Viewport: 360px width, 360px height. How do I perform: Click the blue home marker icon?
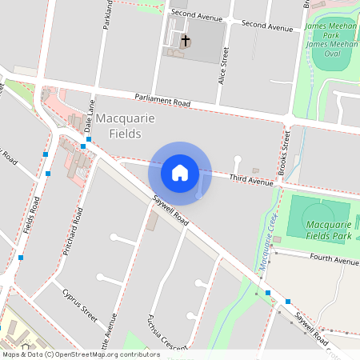point(180,172)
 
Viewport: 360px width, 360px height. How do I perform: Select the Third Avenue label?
point(251,181)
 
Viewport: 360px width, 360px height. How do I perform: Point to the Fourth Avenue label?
point(336,260)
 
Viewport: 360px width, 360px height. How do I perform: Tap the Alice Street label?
point(224,66)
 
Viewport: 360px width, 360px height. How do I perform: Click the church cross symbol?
point(186,39)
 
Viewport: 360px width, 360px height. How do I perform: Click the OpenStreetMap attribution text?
point(80,354)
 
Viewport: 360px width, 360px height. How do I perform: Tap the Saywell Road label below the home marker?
point(170,210)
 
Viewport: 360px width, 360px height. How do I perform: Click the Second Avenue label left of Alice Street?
point(195,14)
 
